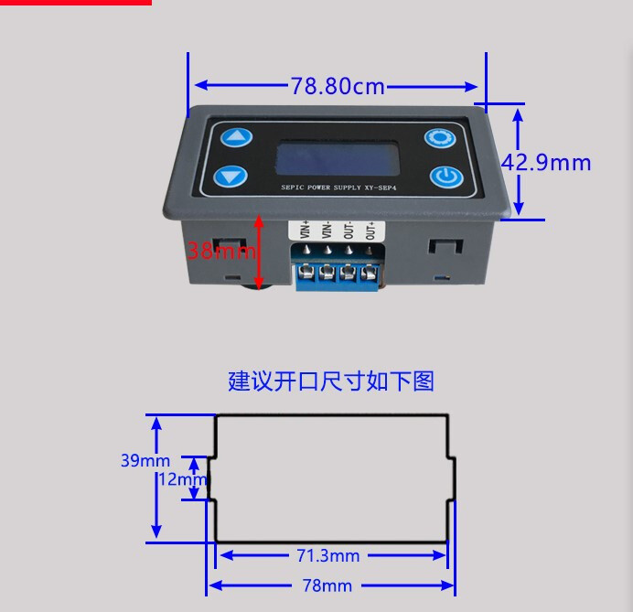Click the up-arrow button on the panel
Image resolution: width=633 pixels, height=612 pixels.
click(237, 137)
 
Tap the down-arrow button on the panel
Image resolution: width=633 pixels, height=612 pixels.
click(231, 175)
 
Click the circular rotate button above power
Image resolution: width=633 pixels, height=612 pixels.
click(439, 138)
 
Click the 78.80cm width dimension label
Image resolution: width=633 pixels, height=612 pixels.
click(338, 87)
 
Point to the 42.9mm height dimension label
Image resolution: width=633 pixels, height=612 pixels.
click(547, 163)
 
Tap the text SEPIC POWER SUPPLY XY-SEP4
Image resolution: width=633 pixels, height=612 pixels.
click(335, 188)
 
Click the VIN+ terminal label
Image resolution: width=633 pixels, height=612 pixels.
click(305, 227)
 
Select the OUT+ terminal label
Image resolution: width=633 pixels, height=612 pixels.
click(370, 228)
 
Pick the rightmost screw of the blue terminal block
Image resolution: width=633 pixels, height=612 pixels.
click(370, 272)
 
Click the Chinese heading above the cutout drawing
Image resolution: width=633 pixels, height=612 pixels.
click(331, 381)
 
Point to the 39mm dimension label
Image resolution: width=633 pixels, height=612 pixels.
click(145, 460)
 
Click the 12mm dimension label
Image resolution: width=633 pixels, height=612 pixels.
click(182, 478)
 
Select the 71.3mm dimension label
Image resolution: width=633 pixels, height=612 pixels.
click(327, 555)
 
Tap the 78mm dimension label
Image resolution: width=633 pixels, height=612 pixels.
click(327, 585)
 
